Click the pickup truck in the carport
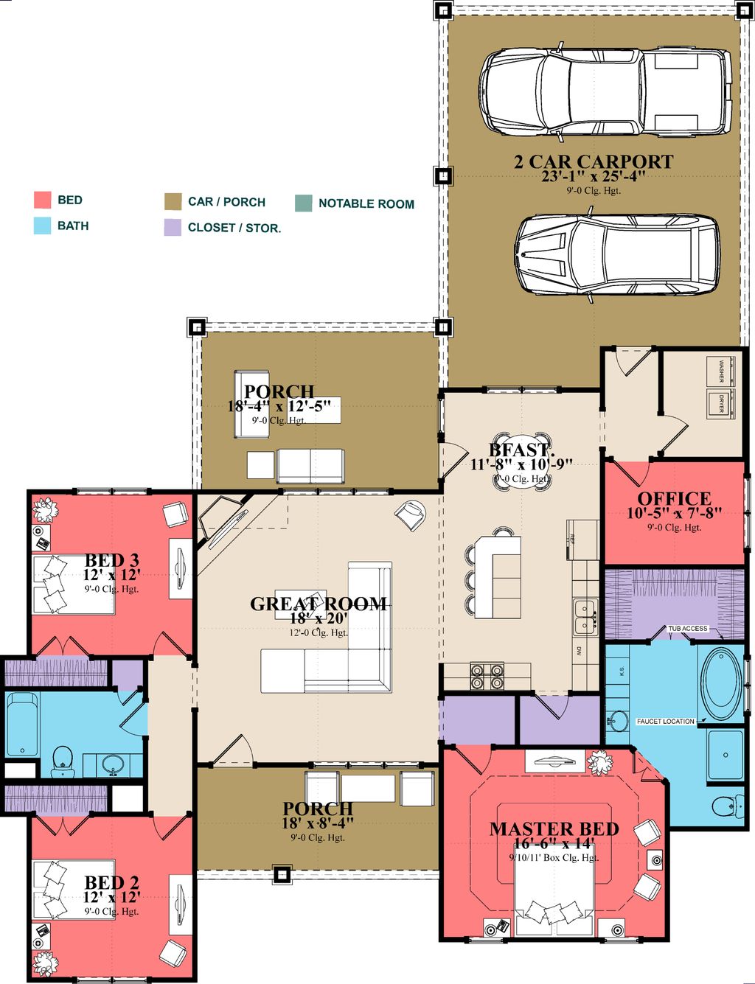point(605,94)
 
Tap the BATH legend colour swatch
point(42,226)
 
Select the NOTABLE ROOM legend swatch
point(304,203)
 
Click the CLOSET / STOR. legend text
point(234,228)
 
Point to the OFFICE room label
point(674,499)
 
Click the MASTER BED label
point(554,829)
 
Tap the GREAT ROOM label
point(319,604)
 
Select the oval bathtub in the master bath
point(722,683)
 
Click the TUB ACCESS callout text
point(687,629)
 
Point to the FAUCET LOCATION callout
point(665,721)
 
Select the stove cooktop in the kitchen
point(487,676)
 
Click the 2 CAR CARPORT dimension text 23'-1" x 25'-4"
point(594,176)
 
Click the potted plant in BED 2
point(46,962)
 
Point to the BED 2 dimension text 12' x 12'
point(111,898)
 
